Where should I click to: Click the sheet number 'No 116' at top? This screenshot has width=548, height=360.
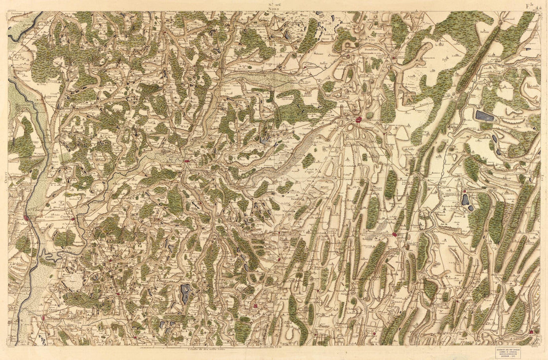[x=274, y=3]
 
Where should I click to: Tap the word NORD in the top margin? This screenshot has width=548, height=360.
[x=274, y=9]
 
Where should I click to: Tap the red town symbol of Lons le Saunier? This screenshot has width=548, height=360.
[x=358, y=120]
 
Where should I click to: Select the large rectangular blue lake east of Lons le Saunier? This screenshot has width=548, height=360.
[x=484, y=116]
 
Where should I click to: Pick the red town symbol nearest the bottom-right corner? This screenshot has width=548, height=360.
[x=532, y=331]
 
